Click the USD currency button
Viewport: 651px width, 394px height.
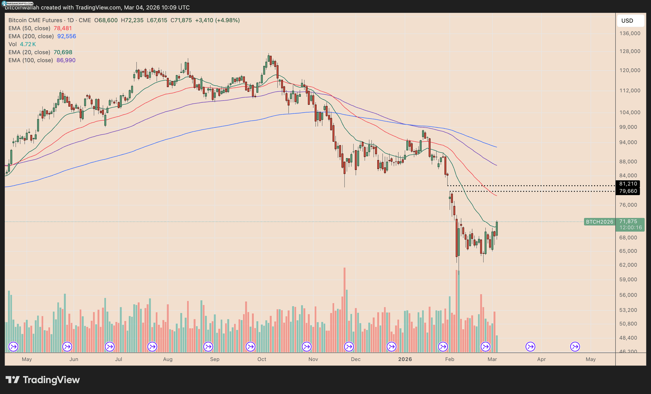pos(630,21)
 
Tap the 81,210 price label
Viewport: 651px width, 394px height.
pos(628,184)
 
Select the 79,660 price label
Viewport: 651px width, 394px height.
pos(628,191)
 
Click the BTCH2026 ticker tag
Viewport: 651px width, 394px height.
pos(600,222)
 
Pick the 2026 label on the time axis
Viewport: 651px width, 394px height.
pos(405,359)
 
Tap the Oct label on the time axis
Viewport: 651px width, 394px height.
pos(262,359)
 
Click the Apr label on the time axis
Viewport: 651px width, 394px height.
pos(541,359)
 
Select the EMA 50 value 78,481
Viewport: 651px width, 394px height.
pos(63,28)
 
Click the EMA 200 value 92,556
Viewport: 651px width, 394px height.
pos(66,36)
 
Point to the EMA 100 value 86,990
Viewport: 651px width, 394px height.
pos(66,60)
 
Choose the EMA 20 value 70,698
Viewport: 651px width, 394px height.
pos(63,52)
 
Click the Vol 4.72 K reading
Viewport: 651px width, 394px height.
pos(28,44)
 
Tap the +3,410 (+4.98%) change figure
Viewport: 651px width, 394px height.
pos(217,20)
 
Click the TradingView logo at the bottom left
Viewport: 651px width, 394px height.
pos(43,380)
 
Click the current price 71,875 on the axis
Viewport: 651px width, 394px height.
pos(628,222)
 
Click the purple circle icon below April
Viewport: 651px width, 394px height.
pos(531,347)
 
